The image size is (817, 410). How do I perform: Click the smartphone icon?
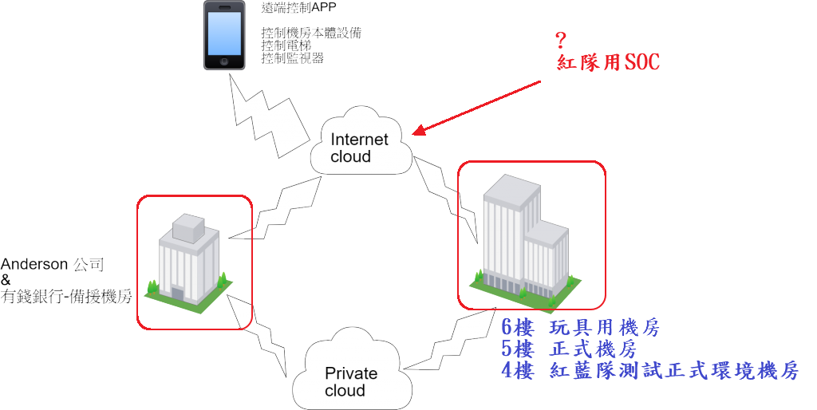pyautogui.click(x=223, y=35)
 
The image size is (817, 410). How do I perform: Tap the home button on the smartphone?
pyautogui.click(x=223, y=62)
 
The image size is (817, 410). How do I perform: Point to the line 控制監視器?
pyautogui.click(x=292, y=57)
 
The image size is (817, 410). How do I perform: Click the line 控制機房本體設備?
pyautogui.click(x=310, y=33)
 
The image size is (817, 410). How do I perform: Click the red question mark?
pyautogui.click(x=561, y=41)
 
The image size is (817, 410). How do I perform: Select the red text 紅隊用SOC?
pyautogui.click(x=608, y=62)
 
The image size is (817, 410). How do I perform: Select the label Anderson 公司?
pyautogui.click(x=53, y=264)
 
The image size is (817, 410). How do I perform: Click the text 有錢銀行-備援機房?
pyautogui.click(x=66, y=296)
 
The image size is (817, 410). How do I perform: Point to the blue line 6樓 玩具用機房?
pyautogui.click(x=580, y=328)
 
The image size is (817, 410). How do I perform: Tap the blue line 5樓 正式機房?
pyautogui.click(x=568, y=349)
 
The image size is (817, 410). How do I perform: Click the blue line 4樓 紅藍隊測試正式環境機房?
pyautogui.click(x=649, y=371)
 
